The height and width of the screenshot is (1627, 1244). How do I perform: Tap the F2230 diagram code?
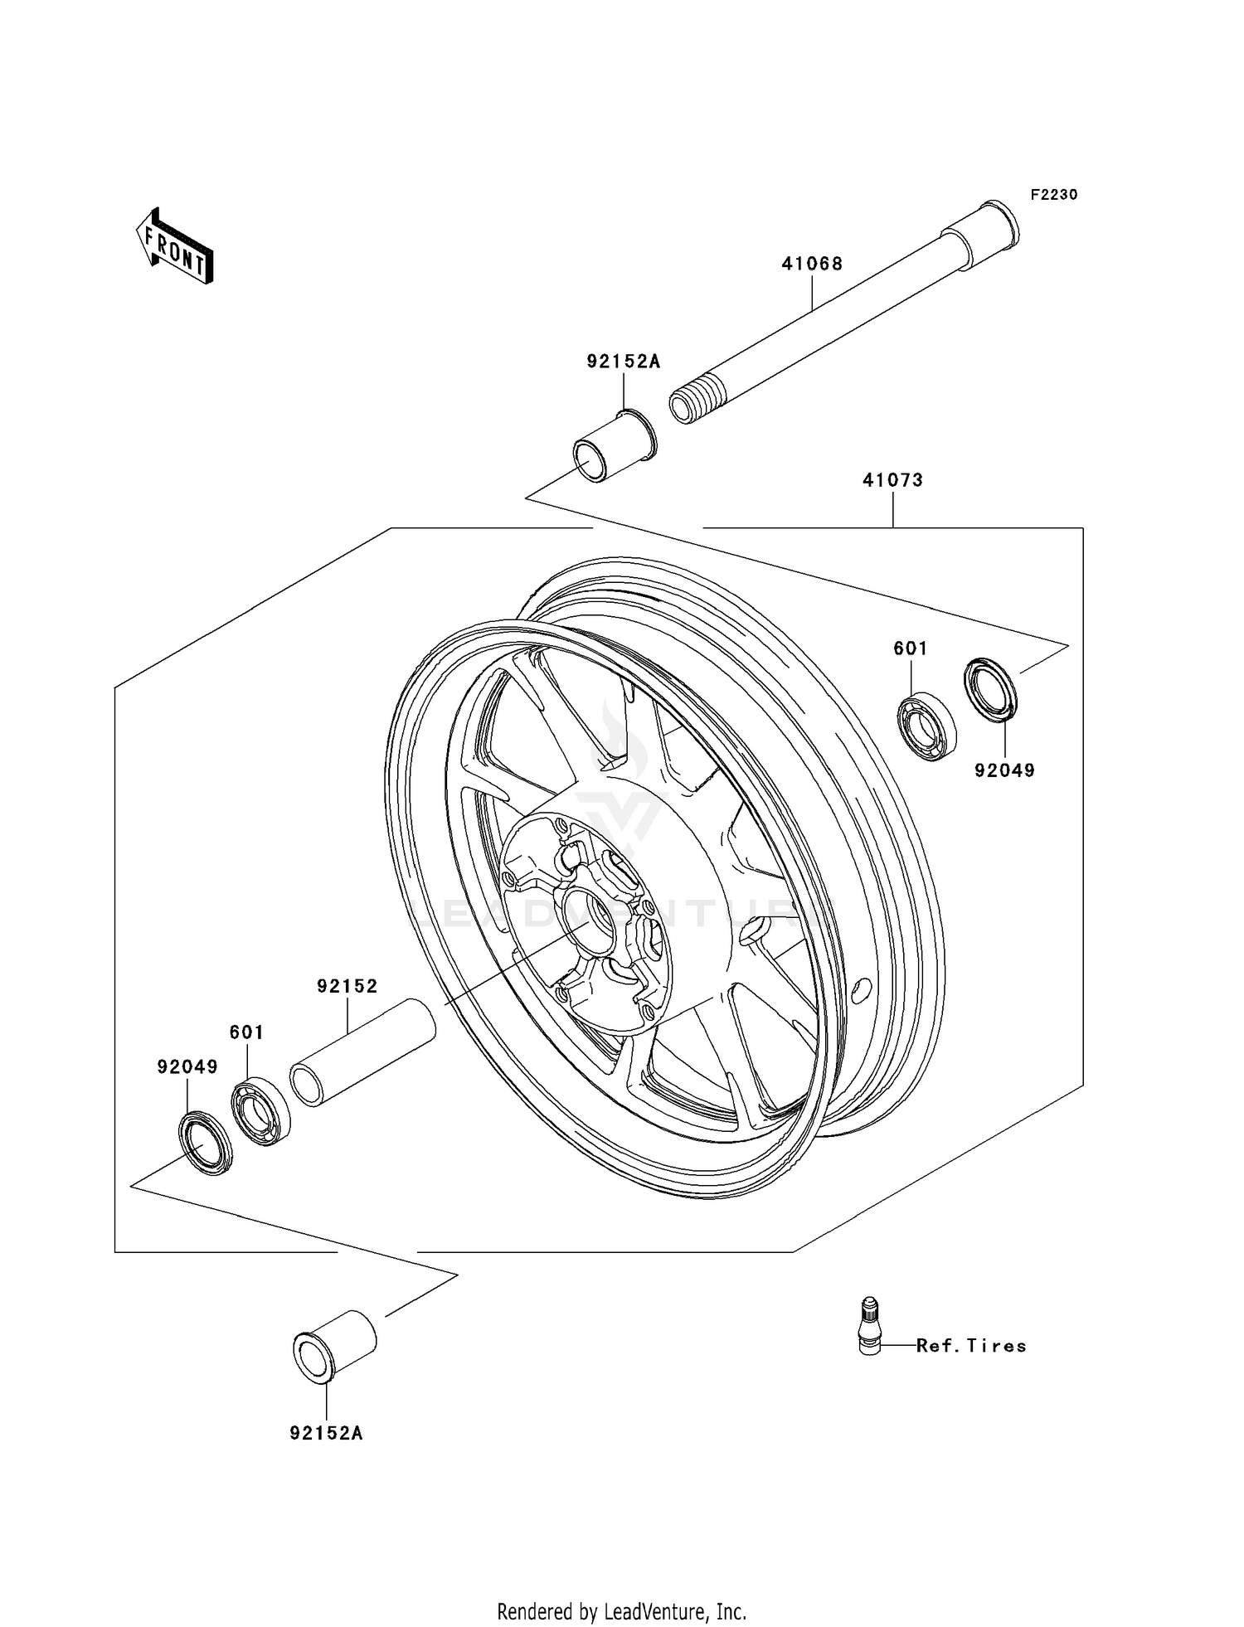(x=1053, y=195)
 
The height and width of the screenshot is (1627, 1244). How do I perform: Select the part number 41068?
(x=811, y=264)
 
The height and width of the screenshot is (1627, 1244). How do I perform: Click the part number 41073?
(x=892, y=480)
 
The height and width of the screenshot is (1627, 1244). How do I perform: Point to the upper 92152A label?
(x=623, y=362)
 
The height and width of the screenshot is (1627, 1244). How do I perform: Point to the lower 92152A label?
(x=326, y=1433)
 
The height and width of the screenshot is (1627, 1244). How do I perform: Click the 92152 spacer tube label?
(x=347, y=986)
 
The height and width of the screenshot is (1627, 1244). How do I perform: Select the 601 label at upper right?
(x=910, y=648)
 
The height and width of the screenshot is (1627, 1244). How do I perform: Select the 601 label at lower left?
(x=246, y=1032)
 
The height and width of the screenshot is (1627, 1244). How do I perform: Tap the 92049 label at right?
(x=1004, y=770)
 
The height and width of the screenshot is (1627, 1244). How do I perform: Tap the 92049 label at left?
(x=187, y=1067)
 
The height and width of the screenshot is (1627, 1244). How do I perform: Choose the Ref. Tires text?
(x=970, y=1346)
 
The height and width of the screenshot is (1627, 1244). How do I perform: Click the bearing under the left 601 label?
(x=260, y=1112)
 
